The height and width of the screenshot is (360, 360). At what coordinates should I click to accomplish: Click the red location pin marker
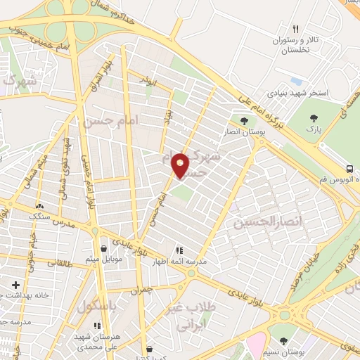(x=181, y=165)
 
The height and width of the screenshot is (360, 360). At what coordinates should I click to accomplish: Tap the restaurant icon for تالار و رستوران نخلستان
(x=295, y=30)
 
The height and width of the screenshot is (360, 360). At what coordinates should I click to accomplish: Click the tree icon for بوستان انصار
(x=245, y=120)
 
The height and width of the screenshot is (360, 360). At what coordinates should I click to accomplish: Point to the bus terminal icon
(x=350, y=169)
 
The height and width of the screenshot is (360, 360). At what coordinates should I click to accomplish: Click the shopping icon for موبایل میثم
(x=103, y=248)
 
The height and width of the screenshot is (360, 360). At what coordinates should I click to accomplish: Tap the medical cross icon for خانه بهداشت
(x=16, y=285)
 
